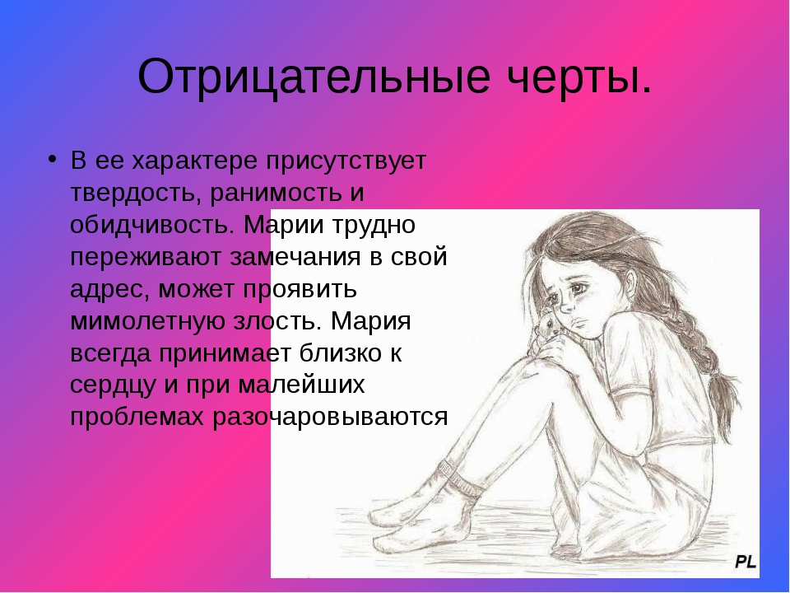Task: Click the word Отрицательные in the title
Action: point(314,77)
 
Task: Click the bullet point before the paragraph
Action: point(52,159)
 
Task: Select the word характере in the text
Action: point(195,161)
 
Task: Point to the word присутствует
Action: point(346,161)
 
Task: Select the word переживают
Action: point(146,258)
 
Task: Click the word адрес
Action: point(109,290)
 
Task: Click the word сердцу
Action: point(113,385)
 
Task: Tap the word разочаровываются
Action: point(330,418)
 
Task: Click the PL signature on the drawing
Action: point(746,561)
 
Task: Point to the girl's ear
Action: point(630,280)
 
